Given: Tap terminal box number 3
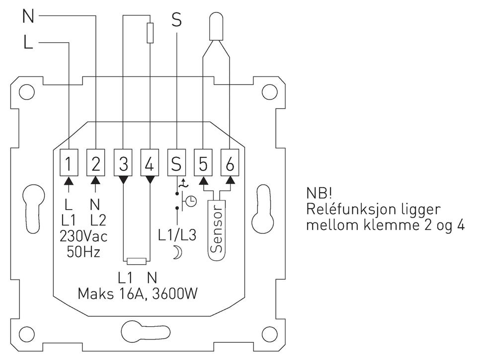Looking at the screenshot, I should click(123, 162).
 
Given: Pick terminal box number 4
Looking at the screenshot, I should click(150, 162).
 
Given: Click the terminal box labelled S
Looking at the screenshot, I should click(176, 162).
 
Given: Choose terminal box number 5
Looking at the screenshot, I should click(203, 162).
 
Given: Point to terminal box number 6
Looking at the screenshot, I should click(230, 162).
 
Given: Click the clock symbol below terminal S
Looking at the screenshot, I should click(190, 201).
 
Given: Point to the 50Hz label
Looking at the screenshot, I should click(83, 251).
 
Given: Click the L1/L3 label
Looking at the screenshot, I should click(177, 235).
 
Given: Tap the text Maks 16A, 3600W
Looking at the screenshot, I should click(138, 294).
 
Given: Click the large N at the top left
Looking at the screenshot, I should click(28, 17).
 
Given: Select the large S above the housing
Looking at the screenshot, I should click(176, 20).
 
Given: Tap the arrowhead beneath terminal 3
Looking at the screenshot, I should click(123, 178).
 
